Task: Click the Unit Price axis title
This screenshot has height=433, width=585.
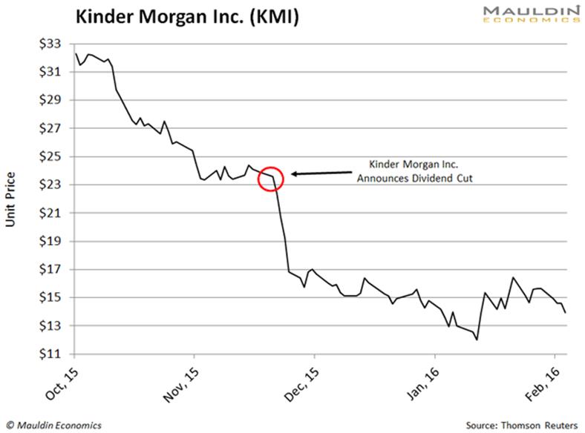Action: coord(13,199)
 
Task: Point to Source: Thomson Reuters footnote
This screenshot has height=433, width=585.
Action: coord(521,425)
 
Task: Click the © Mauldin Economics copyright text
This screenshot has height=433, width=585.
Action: coord(52,425)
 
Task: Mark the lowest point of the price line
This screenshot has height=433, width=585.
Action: coord(476,340)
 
